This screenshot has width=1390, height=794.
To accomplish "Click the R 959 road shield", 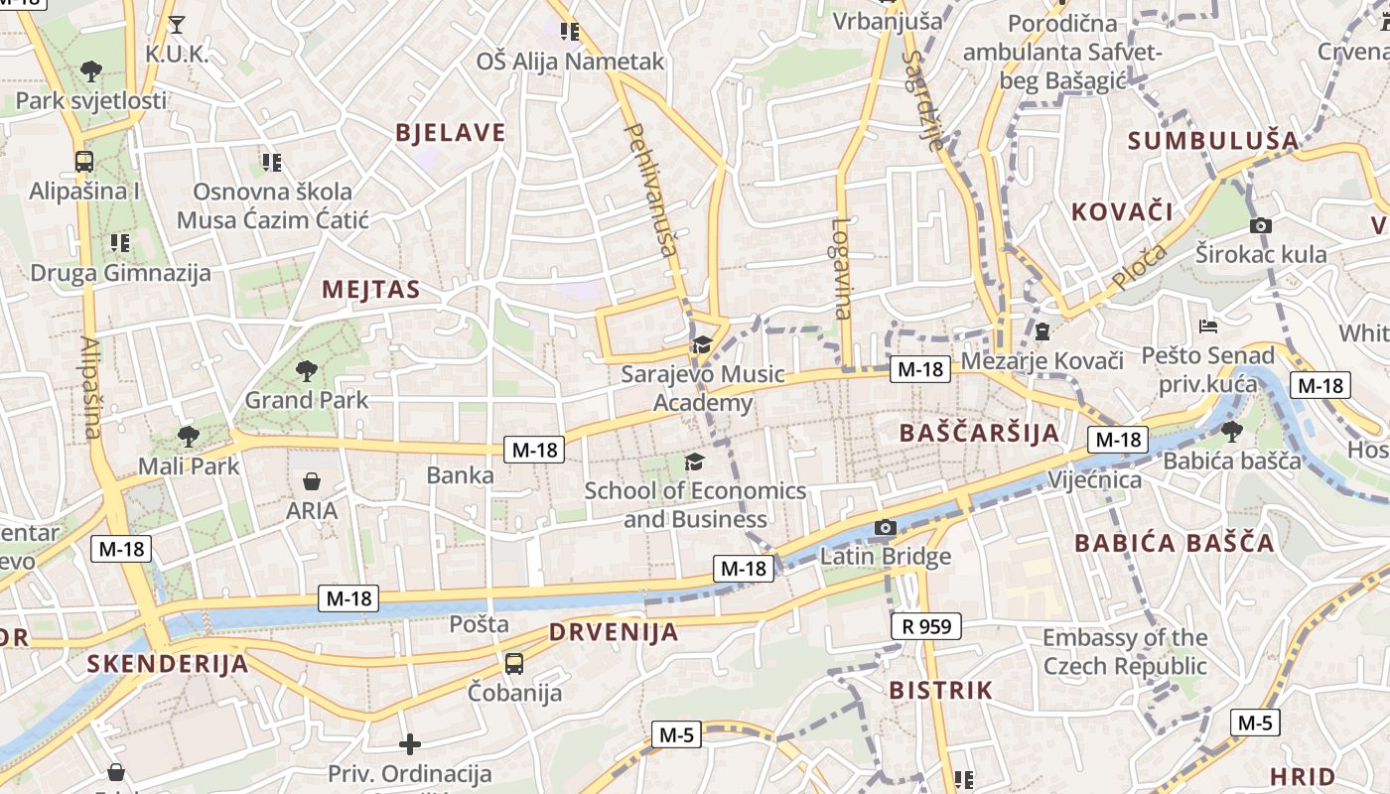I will click(x=926, y=626).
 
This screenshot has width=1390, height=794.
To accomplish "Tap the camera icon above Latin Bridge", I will click(x=885, y=528).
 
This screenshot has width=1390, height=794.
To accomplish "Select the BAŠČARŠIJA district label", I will click(x=979, y=433).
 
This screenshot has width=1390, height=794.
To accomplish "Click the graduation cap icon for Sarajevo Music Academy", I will click(x=702, y=345).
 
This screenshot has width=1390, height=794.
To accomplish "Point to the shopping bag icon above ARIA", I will click(x=312, y=482).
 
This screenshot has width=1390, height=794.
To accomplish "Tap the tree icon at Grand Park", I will click(x=306, y=371).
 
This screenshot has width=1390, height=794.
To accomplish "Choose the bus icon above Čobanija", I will click(x=514, y=664).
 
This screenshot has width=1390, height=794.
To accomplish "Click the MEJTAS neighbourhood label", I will click(x=371, y=290).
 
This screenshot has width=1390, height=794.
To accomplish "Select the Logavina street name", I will click(x=842, y=268).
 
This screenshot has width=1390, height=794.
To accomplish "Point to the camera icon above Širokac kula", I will click(x=1261, y=226).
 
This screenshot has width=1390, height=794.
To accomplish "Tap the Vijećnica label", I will click(x=1095, y=480).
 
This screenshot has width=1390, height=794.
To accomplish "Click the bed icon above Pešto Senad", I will click(x=1207, y=326).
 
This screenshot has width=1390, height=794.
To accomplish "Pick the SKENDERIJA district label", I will click(x=167, y=663).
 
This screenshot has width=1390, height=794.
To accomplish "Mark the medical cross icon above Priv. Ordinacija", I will click(x=410, y=743).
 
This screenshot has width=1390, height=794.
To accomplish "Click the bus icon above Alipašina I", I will click(x=84, y=162).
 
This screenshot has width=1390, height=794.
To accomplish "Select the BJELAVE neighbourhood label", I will click(x=451, y=133).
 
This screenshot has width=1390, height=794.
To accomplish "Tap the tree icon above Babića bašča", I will click(x=1232, y=431).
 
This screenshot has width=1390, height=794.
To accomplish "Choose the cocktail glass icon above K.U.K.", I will click(x=177, y=25).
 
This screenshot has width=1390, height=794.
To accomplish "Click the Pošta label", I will click(x=480, y=624).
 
